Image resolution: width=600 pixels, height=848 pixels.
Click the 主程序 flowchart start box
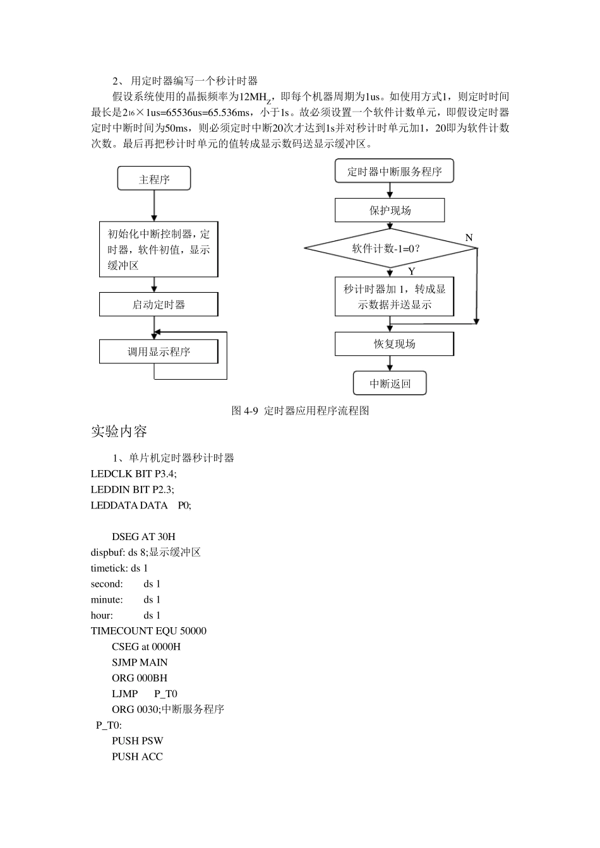click(x=154, y=179)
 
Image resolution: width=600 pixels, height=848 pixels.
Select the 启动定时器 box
click(x=159, y=304)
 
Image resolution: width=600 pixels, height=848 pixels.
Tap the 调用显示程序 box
click(x=159, y=351)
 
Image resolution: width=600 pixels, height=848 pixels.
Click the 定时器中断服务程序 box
click(x=394, y=171)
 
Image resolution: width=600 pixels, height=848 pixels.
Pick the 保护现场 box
click(x=390, y=210)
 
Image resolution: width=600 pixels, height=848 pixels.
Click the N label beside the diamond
click(x=469, y=237)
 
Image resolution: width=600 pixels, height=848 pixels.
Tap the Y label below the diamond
click(x=411, y=271)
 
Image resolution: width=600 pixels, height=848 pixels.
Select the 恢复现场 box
click(x=394, y=344)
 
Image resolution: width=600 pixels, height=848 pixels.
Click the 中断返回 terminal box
click(x=390, y=383)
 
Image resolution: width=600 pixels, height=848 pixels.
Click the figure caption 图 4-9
click(x=300, y=411)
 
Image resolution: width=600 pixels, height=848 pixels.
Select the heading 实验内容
click(x=119, y=432)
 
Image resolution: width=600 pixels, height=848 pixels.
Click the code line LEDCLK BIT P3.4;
click(x=134, y=473)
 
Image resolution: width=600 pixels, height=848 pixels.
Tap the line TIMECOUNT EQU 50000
click(x=148, y=630)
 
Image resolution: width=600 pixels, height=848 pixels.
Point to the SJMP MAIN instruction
click(x=140, y=662)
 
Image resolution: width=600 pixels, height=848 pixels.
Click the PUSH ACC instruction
click(x=137, y=756)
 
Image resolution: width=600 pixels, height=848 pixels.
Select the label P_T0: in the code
click(x=109, y=725)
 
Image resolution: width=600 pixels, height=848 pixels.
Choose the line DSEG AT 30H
click(x=143, y=536)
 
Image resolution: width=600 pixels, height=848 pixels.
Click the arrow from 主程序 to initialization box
click(x=154, y=205)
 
